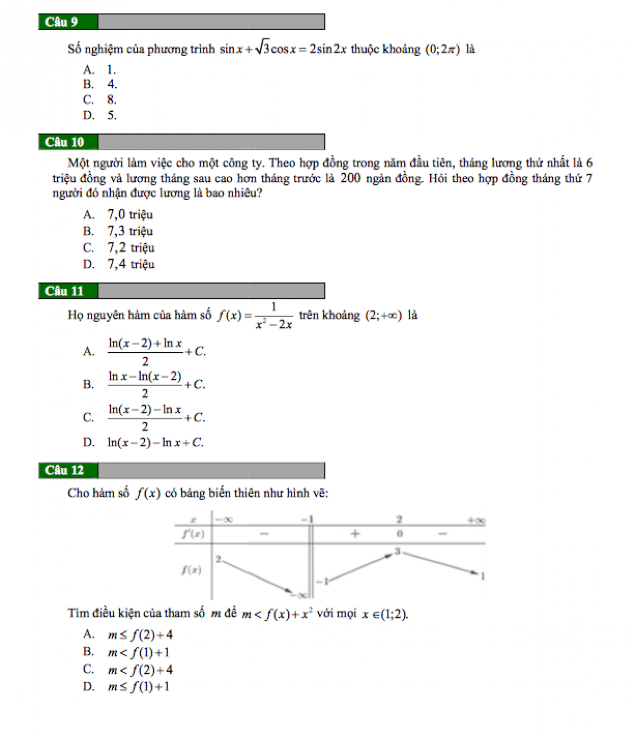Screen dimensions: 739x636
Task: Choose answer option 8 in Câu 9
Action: [111, 100]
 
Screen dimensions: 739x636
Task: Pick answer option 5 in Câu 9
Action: [111, 115]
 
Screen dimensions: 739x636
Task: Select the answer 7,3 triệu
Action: [130, 231]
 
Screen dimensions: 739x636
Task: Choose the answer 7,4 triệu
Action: [131, 264]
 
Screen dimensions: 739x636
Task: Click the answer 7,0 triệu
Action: [130, 215]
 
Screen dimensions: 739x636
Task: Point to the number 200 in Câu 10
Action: [350, 178]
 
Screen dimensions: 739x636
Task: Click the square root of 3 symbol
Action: [262, 48]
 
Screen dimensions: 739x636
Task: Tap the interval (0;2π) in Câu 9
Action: [443, 49]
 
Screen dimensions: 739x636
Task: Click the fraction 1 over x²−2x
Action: [273, 316]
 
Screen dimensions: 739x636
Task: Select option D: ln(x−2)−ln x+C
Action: [155, 442]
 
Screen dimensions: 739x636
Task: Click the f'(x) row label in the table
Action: [193, 534]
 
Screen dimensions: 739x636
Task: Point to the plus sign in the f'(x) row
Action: [355, 534]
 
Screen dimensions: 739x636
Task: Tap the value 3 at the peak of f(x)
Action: [397, 551]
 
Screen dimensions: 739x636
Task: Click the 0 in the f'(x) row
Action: [400, 534]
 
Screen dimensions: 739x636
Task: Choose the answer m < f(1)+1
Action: [138, 652]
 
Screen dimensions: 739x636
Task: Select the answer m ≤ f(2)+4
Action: [140, 635]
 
